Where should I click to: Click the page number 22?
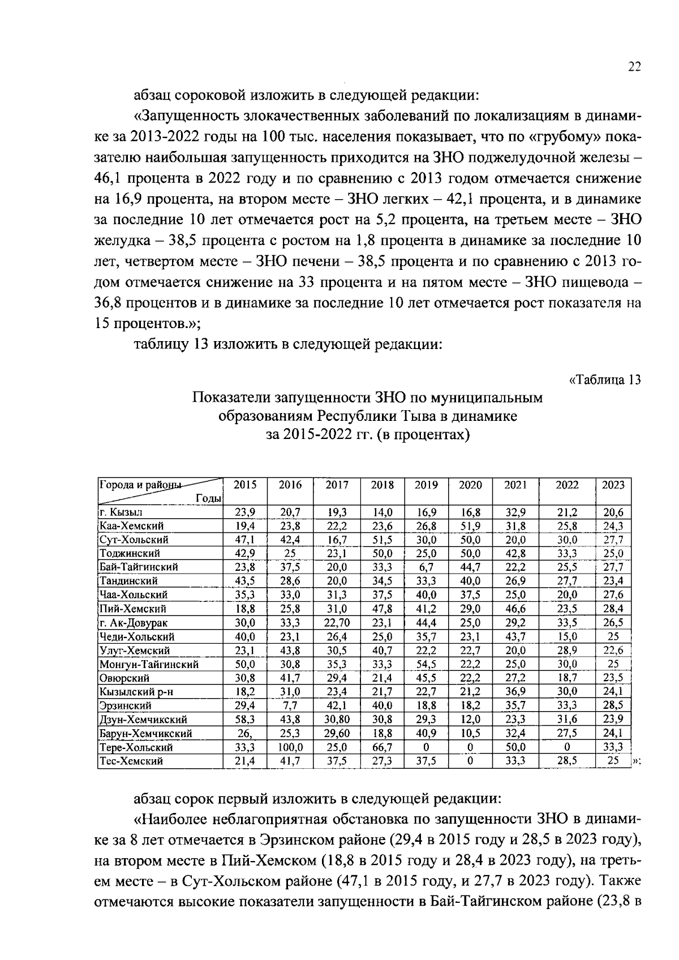point(634,67)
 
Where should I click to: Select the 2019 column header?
point(426,485)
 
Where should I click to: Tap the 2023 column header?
point(613,485)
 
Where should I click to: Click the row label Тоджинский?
point(130,553)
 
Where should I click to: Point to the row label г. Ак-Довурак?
point(132,623)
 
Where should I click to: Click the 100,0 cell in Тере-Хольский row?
point(291,747)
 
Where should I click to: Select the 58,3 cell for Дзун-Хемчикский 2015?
point(245,720)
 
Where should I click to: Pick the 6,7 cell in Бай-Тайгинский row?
point(426,567)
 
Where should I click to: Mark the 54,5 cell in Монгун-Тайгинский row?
point(426,664)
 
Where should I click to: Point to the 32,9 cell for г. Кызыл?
point(515,513)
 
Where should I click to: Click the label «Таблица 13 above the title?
point(604,380)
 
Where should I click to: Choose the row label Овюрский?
point(124,678)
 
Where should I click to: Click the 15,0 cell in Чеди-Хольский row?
point(566,636)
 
